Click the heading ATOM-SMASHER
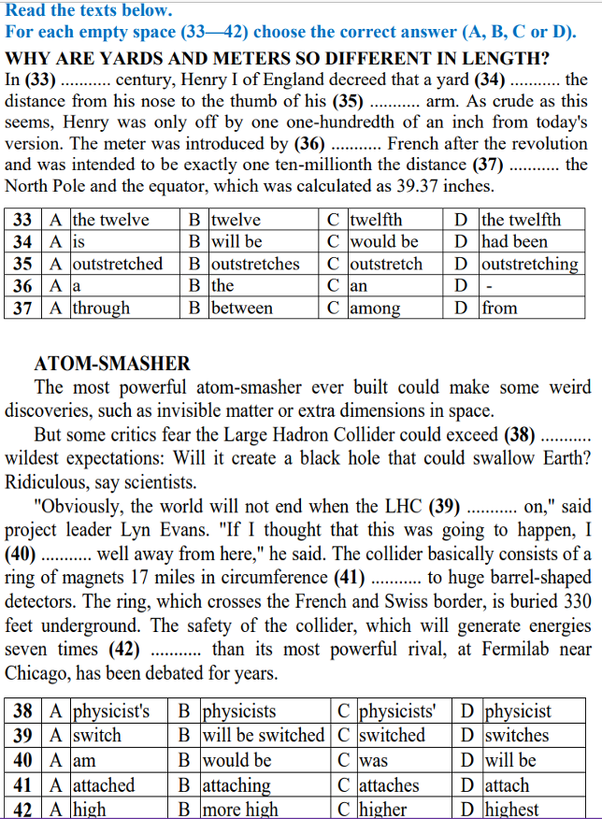point(112,364)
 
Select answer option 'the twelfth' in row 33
point(521,221)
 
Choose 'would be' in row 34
point(383,242)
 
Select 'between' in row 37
point(242,308)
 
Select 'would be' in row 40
point(236,761)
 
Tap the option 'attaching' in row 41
point(236,785)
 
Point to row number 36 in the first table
point(23,286)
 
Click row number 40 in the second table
point(23,761)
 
